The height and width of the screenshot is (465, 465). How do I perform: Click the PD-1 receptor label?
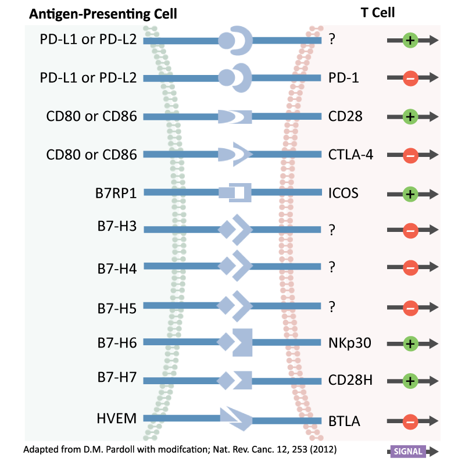343,78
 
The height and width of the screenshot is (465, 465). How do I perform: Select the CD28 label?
345,116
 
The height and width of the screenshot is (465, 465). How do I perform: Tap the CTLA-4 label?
350,155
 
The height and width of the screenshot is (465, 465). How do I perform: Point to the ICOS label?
343,193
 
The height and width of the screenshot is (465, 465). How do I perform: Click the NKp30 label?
349,342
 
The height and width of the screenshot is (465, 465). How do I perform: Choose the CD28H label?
350,381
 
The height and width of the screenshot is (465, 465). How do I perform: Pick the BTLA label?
344,421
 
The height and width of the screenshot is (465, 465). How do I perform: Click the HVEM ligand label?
117,418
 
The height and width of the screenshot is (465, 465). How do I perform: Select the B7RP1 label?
117,193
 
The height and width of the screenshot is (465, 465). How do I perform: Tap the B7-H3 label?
117,227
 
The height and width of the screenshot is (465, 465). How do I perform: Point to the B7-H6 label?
117,342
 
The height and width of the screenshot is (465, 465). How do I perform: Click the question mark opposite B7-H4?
332,268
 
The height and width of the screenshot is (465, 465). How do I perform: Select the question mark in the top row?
332,40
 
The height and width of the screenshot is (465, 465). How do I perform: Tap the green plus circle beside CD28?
410,116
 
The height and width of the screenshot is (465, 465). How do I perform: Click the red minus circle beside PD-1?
410,78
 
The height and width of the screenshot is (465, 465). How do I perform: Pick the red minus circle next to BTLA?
410,421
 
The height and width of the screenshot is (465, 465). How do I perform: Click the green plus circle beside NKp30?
410,343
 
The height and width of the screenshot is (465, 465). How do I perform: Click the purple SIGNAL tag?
408,452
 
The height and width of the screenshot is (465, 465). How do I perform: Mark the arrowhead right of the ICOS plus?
432,194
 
